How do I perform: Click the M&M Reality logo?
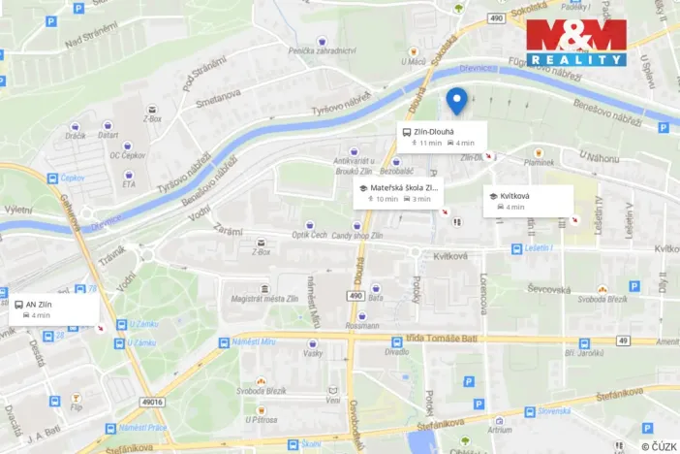click(x=575, y=42)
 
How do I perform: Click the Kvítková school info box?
click(x=527, y=200)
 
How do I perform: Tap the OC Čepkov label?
click(x=127, y=154)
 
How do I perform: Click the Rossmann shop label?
click(x=362, y=325)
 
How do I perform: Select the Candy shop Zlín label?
click(x=357, y=236)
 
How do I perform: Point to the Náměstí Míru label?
click(x=254, y=342)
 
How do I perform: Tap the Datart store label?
click(x=108, y=136)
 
